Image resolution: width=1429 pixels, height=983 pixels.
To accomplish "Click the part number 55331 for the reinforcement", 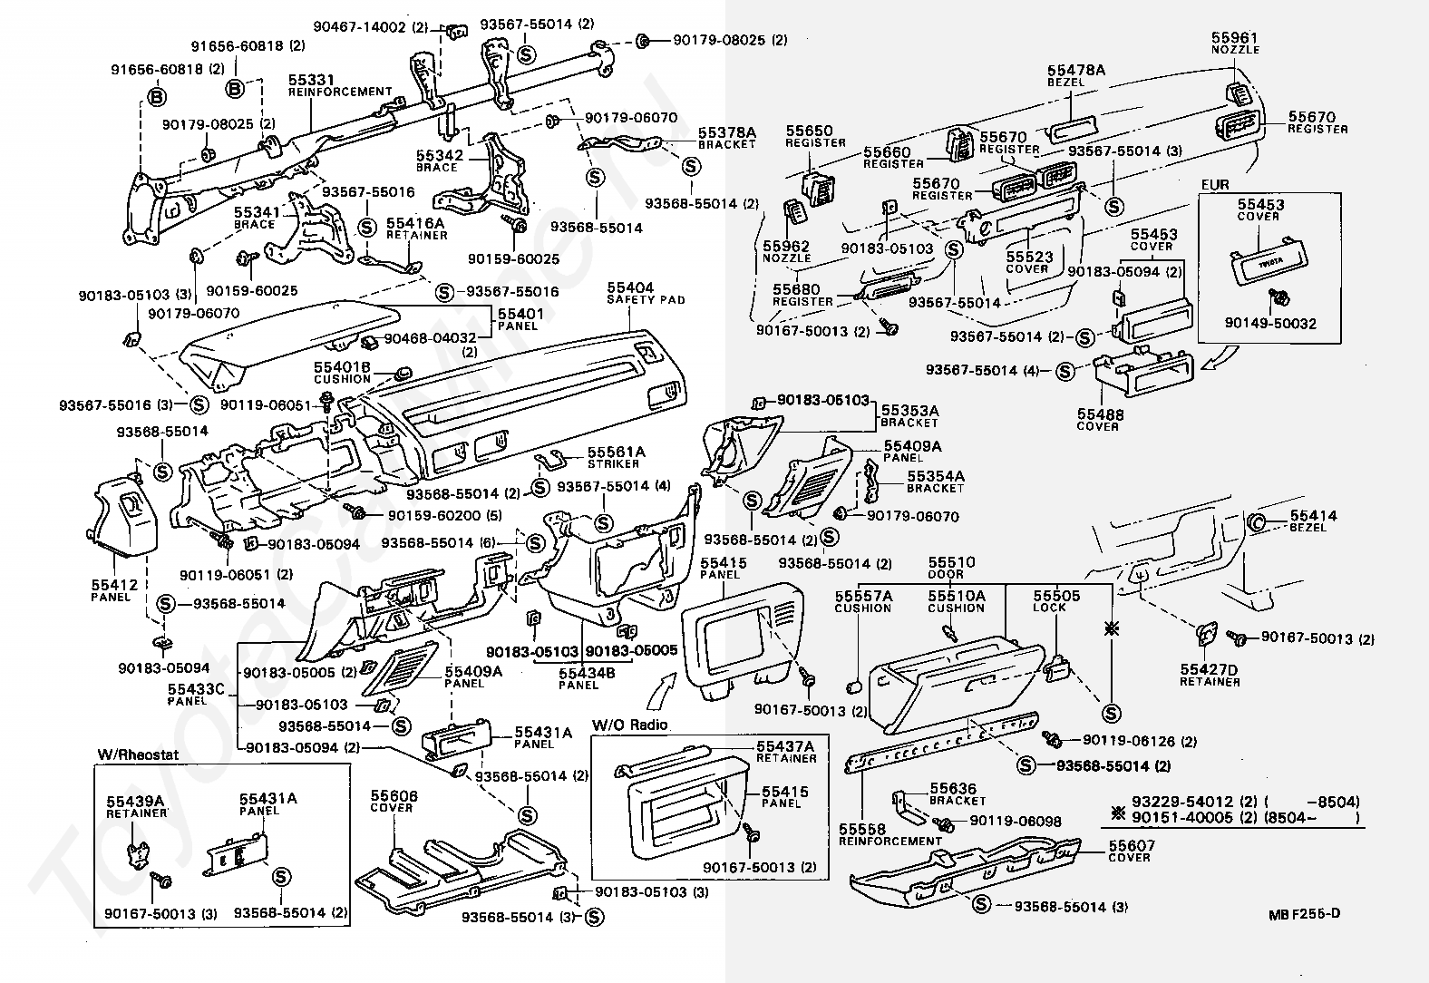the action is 311,80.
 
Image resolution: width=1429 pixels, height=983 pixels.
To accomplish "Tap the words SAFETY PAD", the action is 646,300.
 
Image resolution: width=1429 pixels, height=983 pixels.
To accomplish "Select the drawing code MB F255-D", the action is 1305,913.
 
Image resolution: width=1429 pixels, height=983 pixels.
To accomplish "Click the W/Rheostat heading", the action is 139,754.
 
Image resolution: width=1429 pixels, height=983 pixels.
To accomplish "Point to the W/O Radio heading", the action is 629,725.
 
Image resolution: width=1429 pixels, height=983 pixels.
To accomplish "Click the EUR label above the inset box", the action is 1215,184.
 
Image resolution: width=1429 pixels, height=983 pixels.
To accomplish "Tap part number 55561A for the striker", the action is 617,452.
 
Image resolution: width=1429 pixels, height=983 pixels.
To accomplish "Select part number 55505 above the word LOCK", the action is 1056,595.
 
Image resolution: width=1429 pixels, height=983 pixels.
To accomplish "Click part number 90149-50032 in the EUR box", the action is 1270,324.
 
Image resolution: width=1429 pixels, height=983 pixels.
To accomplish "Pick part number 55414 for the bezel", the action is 1314,515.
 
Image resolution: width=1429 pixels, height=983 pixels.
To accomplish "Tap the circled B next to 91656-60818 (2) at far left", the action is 157,96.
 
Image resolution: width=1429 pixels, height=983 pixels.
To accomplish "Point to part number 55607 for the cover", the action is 1132,846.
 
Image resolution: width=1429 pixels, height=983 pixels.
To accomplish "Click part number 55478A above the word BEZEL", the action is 1076,70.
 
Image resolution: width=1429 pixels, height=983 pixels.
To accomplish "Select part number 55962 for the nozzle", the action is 786,247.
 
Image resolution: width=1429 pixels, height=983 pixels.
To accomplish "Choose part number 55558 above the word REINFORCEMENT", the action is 862,829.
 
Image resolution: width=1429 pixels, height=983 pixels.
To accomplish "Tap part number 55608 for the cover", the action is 394,796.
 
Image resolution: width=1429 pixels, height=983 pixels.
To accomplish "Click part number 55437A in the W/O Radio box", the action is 785,746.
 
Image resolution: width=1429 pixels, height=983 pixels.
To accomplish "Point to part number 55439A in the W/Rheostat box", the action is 135,802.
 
